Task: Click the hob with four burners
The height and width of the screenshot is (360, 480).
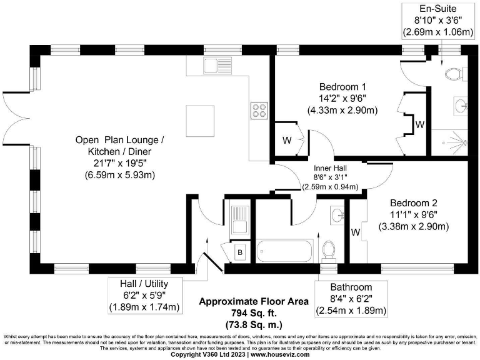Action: tap(259, 111)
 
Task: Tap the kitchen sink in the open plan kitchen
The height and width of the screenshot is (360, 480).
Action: tap(213, 65)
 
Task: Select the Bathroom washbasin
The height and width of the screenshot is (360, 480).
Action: tap(337, 216)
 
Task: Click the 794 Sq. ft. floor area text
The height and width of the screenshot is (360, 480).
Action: tap(253, 312)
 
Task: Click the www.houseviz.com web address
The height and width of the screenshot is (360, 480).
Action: tap(280, 354)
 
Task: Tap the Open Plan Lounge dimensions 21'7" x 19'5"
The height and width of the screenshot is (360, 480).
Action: tap(121, 163)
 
